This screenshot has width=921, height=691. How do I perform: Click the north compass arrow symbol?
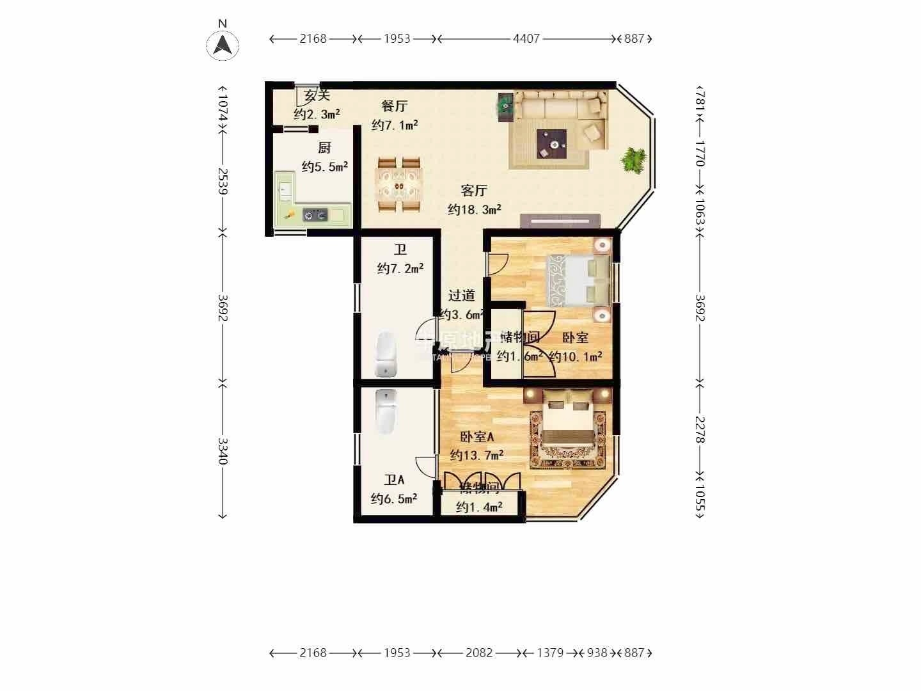223,45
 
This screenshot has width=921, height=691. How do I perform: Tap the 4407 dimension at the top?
526,38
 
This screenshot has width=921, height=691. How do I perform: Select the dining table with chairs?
399,184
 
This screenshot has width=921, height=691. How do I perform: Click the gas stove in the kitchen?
315,215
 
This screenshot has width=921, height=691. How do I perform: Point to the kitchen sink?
285,189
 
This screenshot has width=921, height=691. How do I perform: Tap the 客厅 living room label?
475,191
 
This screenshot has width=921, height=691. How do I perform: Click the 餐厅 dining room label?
394,106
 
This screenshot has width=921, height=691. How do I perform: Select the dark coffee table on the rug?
551,143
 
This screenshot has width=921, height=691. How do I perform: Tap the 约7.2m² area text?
400,269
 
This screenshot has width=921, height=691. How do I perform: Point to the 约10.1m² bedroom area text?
576,356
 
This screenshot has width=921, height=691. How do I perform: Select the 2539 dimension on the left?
223,181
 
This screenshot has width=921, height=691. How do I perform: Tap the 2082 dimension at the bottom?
479,653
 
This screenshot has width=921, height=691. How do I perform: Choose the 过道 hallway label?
461,296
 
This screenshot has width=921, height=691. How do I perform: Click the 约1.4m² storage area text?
479,507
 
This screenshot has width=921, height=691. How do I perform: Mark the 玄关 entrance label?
317,96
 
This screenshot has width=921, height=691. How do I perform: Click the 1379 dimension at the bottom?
550,653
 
